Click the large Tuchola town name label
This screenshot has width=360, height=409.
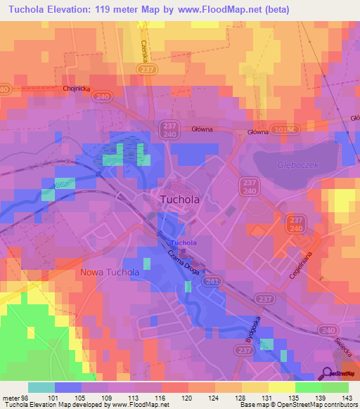(x=180, y=199)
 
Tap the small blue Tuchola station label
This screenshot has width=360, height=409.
(x=184, y=243)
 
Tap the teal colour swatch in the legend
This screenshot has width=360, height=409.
(x=41, y=387)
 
